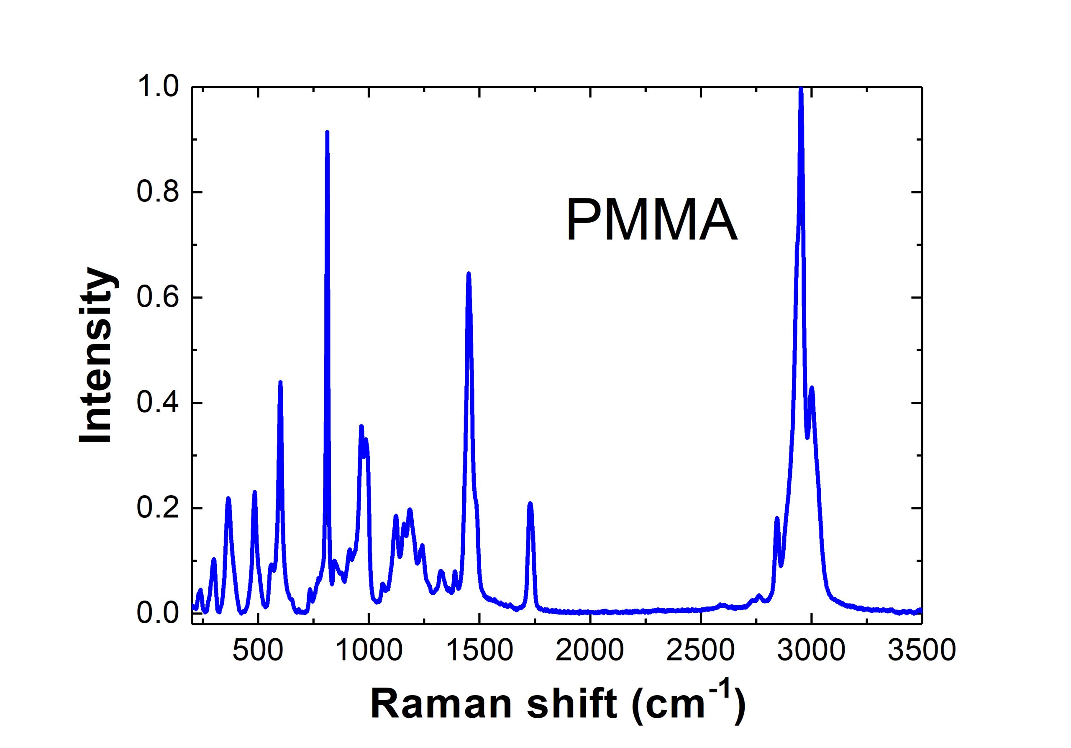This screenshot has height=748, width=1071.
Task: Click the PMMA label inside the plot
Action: point(651,220)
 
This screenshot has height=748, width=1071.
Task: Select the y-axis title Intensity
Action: point(97,355)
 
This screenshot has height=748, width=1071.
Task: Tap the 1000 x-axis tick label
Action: point(369,650)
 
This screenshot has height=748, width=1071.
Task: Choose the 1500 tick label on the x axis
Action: point(479,650)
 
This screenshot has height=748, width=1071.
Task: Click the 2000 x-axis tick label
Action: point(589,650)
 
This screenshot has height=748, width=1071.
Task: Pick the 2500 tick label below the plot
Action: point(700,650)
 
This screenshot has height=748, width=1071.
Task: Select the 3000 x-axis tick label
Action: point(811,650)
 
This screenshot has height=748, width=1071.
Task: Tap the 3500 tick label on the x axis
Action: point(922,650)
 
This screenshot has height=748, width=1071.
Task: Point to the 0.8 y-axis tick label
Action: point(158,192)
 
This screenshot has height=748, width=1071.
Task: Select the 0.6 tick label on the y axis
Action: point(158,298)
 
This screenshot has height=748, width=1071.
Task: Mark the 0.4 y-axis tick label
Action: point(158,403)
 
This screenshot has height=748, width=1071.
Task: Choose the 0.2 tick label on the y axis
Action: point(158,508)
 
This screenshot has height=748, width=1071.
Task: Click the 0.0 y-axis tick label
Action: point(158,614)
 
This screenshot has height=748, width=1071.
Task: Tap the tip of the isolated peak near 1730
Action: point(530,504)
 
